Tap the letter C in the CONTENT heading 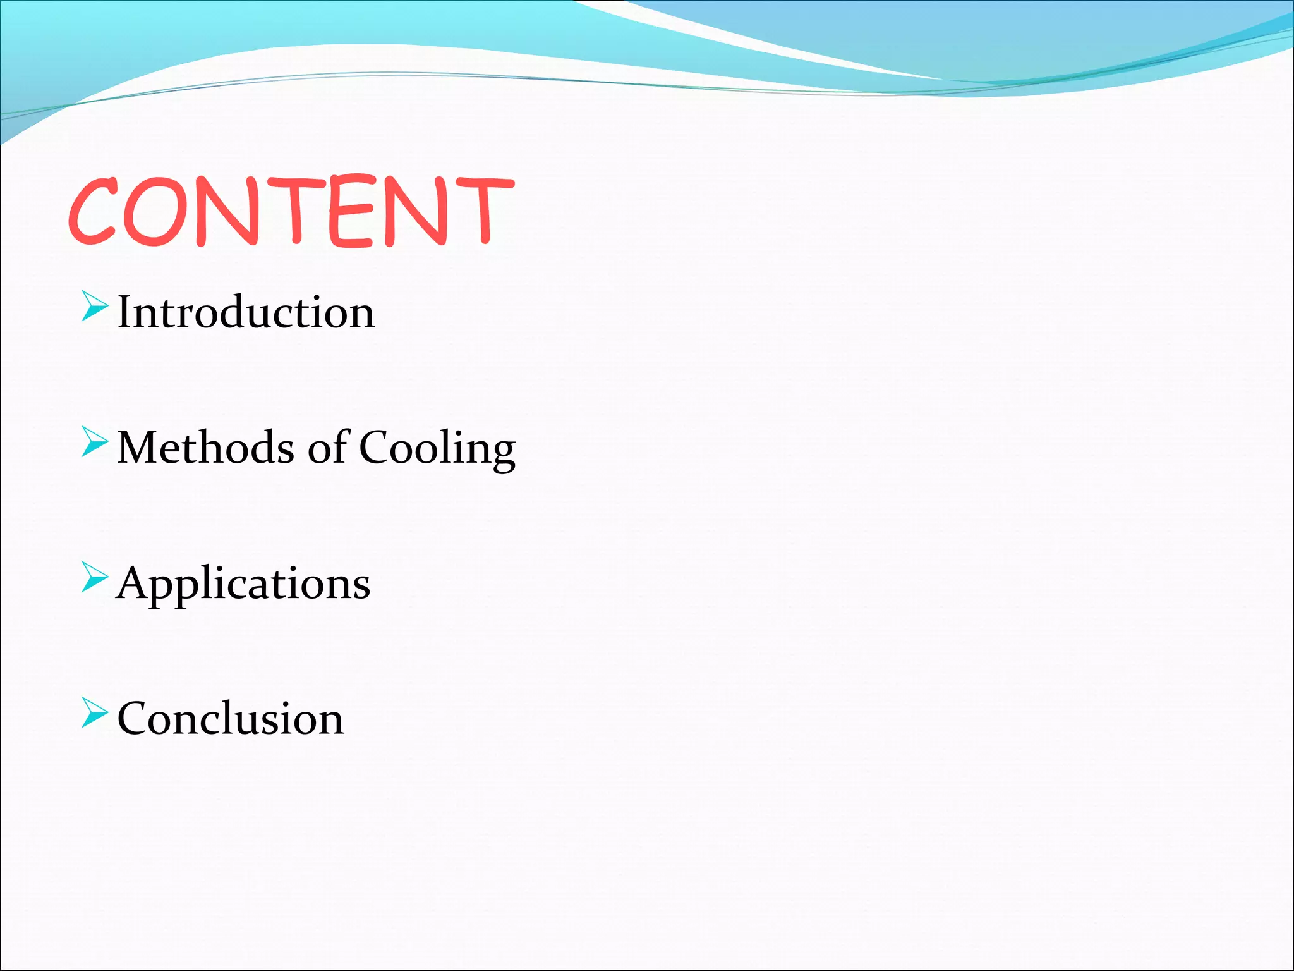click(94, 211)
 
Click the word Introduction click(246, 312)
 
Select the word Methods click(206, 448)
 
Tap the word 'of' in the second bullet click(327, 446)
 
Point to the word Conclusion click(231, 719)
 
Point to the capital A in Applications click(134, 583)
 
